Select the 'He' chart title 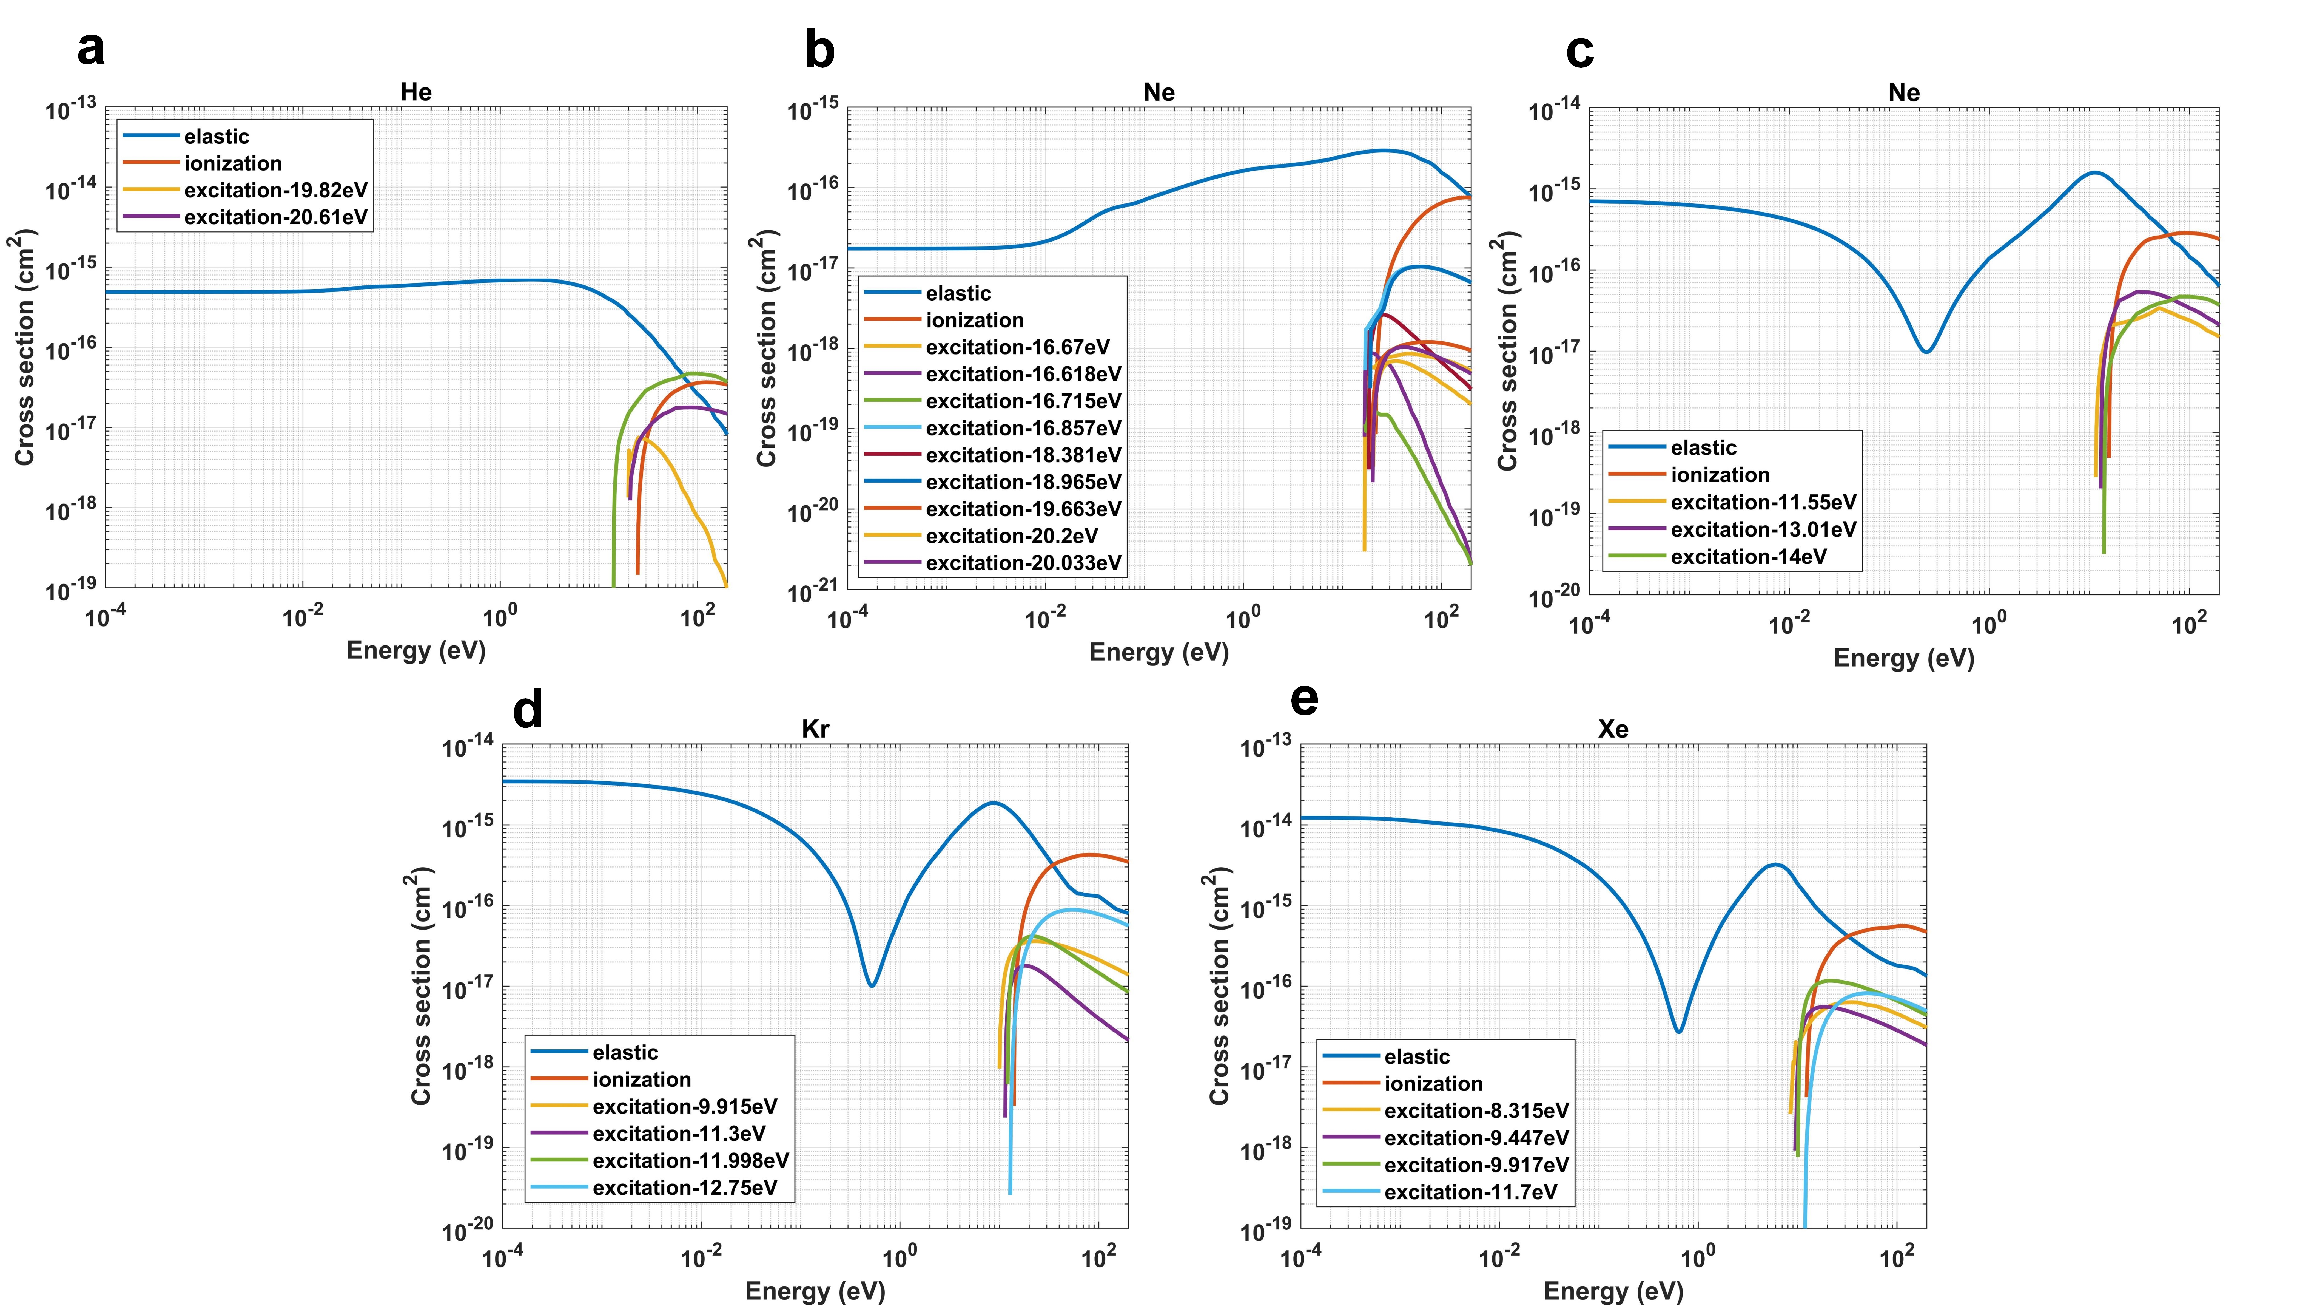click(x=416, y=92)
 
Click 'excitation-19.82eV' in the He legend click(x=275, y=190)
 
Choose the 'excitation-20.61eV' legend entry click(x=275, y=217)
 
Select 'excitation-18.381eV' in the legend click(x=1023, y=455)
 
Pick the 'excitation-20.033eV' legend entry click(x=1023, y=562)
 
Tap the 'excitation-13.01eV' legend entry click(x=1763, y=529)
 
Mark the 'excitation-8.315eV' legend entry click(x=1476, y=1110)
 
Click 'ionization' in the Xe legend click(x=1433, y=1084)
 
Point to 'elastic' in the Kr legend click(x=625, y=1052)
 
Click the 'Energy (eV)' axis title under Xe click(x=1613, y=1291)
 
